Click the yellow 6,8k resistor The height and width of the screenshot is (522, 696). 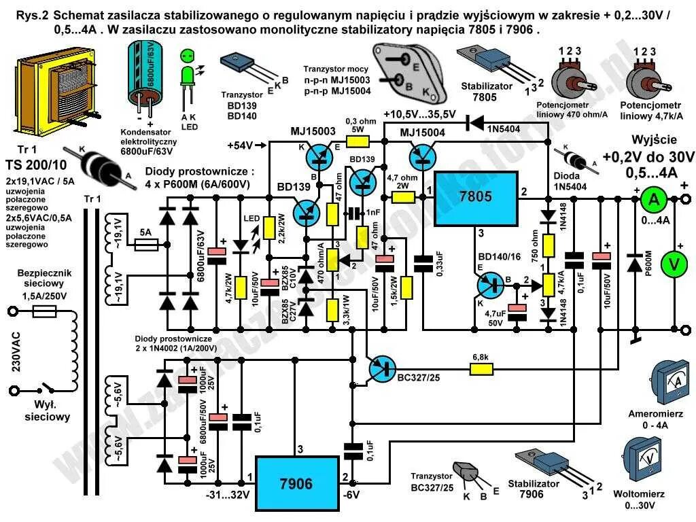pyautogui.click(x=482, y=370)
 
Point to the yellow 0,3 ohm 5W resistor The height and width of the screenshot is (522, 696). pyautogui.click(x=358, y=141)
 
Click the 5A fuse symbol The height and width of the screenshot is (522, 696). pyautogui.click(x=145, y=244)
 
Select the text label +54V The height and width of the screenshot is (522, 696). pyautogui.click(x=240, y=145)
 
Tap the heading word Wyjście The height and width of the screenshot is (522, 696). pyautogui.click(x=655, y=139)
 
